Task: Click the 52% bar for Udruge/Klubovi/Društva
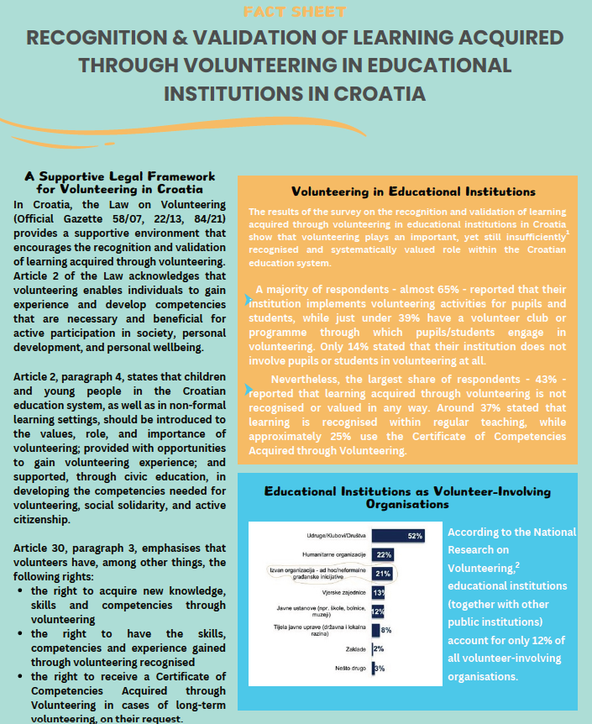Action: coord(399,535)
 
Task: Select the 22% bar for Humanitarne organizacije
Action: coord(383,554)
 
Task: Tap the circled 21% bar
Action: coord(383,573)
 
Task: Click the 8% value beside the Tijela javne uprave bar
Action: coord(386,629)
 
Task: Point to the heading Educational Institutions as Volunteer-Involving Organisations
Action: coord(407,497)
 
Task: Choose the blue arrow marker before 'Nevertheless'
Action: coord(248,390)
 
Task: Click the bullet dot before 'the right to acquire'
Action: coord(20,591)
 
